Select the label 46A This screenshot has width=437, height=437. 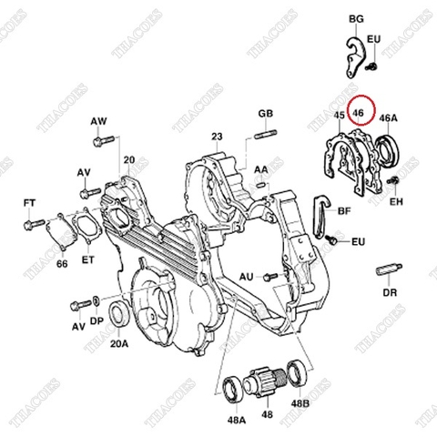click(x=388, y=118)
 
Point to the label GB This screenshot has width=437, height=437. click(x=265, y=113)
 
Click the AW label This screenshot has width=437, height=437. click(x=98, y=121)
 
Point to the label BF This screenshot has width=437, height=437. click(x=344, y=210)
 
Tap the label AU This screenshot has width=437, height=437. click(x=246, y=275)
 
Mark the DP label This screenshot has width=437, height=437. click(x=96, y=322)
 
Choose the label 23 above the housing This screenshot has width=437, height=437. click(x=217, y=137)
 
